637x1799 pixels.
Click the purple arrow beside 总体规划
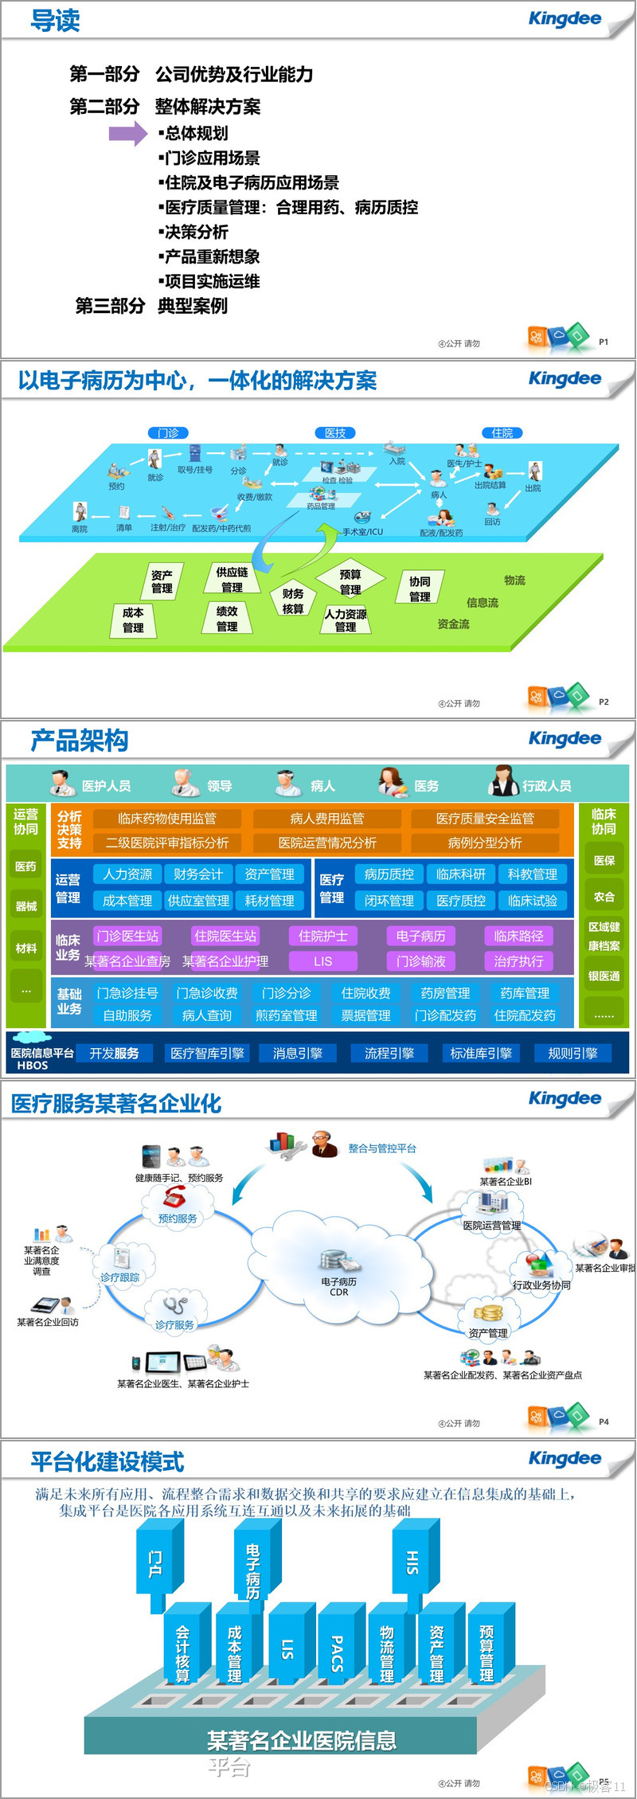click(x=127, y=133)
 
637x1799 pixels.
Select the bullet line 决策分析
click(x=196, y=232)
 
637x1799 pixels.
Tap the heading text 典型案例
click(x=193, y=306)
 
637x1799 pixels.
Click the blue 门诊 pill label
click(x=168, y=432)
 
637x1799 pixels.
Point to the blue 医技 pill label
click(x=335, y=432)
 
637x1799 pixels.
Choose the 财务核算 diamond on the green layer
click(x=293, y=600)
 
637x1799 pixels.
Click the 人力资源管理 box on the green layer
click(x=346, y=620)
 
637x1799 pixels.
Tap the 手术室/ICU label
click(x=363, y=531)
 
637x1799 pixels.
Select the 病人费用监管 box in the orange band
click(x=327, y=818)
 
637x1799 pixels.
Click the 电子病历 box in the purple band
click(x=420, y=936)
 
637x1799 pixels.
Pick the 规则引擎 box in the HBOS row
click(x=573, y=1053)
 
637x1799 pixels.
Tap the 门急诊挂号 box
click(x=127, y=993)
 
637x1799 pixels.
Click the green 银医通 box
click(x=604, y=976)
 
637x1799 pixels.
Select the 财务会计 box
click(x=198, y=874)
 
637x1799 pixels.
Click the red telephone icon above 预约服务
click(x=175, y=1196)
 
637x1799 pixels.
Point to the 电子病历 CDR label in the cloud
click(x=339, y=1287)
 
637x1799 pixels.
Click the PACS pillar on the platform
click(x=338, y=1652)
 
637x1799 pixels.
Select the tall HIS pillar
click(x=412, y=1562)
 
